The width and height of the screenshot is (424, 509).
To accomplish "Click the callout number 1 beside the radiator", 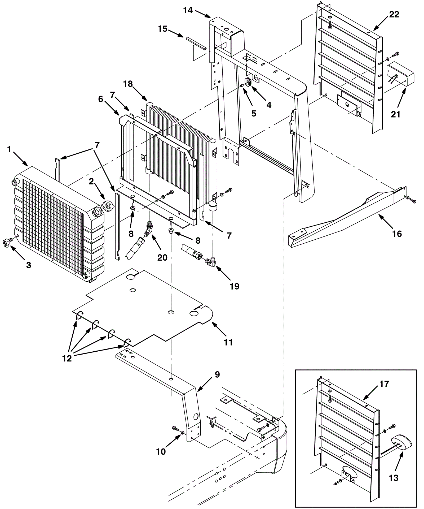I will point(9,149).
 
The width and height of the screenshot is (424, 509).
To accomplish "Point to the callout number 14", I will point(188,11).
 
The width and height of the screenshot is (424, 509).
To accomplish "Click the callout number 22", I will point(394,14).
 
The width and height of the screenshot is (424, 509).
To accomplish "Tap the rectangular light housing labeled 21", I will point(400,72).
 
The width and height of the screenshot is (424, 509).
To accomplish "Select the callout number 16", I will point(397,234).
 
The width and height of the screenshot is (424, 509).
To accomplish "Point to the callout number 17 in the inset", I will point(384,384).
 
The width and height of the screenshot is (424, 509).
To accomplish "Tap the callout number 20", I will point(162,257).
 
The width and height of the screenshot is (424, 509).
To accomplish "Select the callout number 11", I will point(228,342).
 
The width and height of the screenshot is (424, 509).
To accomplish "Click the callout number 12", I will point(67,358).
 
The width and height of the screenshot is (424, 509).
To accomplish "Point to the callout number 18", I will point(128,84).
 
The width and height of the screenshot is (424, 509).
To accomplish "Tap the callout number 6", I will point(100,99).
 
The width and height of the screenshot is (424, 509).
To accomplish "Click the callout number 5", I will point(254,114).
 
